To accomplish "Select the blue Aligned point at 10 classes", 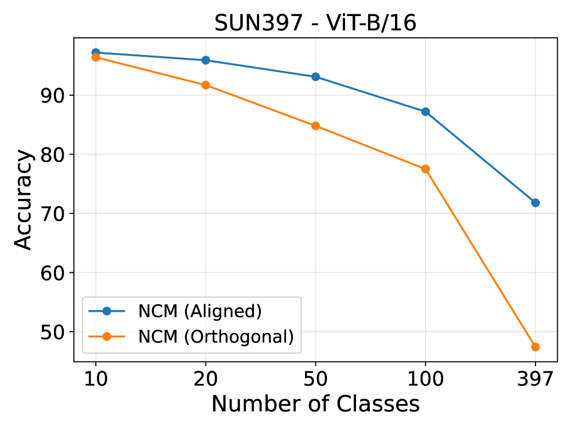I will tap(96, 53).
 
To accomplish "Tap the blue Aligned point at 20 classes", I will tap(205, 60).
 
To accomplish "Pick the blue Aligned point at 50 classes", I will tap(315, 77).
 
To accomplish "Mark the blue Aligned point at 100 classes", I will tap(425, 112).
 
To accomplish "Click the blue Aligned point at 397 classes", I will tap(535, 203).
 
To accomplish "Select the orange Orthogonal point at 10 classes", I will tap(96, 57).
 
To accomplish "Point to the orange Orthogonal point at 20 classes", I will tap(205, 85).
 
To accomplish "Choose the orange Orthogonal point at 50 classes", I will tap(315, 126).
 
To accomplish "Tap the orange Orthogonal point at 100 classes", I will tap(425, 169).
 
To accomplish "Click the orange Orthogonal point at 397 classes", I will tap(535, 347).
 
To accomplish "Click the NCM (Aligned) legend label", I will tap(200, 311).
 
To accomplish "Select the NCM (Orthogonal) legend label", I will tap(216, 337).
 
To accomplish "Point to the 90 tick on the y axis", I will tap(55, 95).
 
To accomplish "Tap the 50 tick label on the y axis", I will tap(55, 332).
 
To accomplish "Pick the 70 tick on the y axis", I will tap(55, 214).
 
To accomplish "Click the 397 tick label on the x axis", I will tap(535, 379).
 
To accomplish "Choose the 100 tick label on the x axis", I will tap(425, 379).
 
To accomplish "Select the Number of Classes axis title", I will tap(315, 405).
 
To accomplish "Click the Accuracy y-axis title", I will tap(23, 199).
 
